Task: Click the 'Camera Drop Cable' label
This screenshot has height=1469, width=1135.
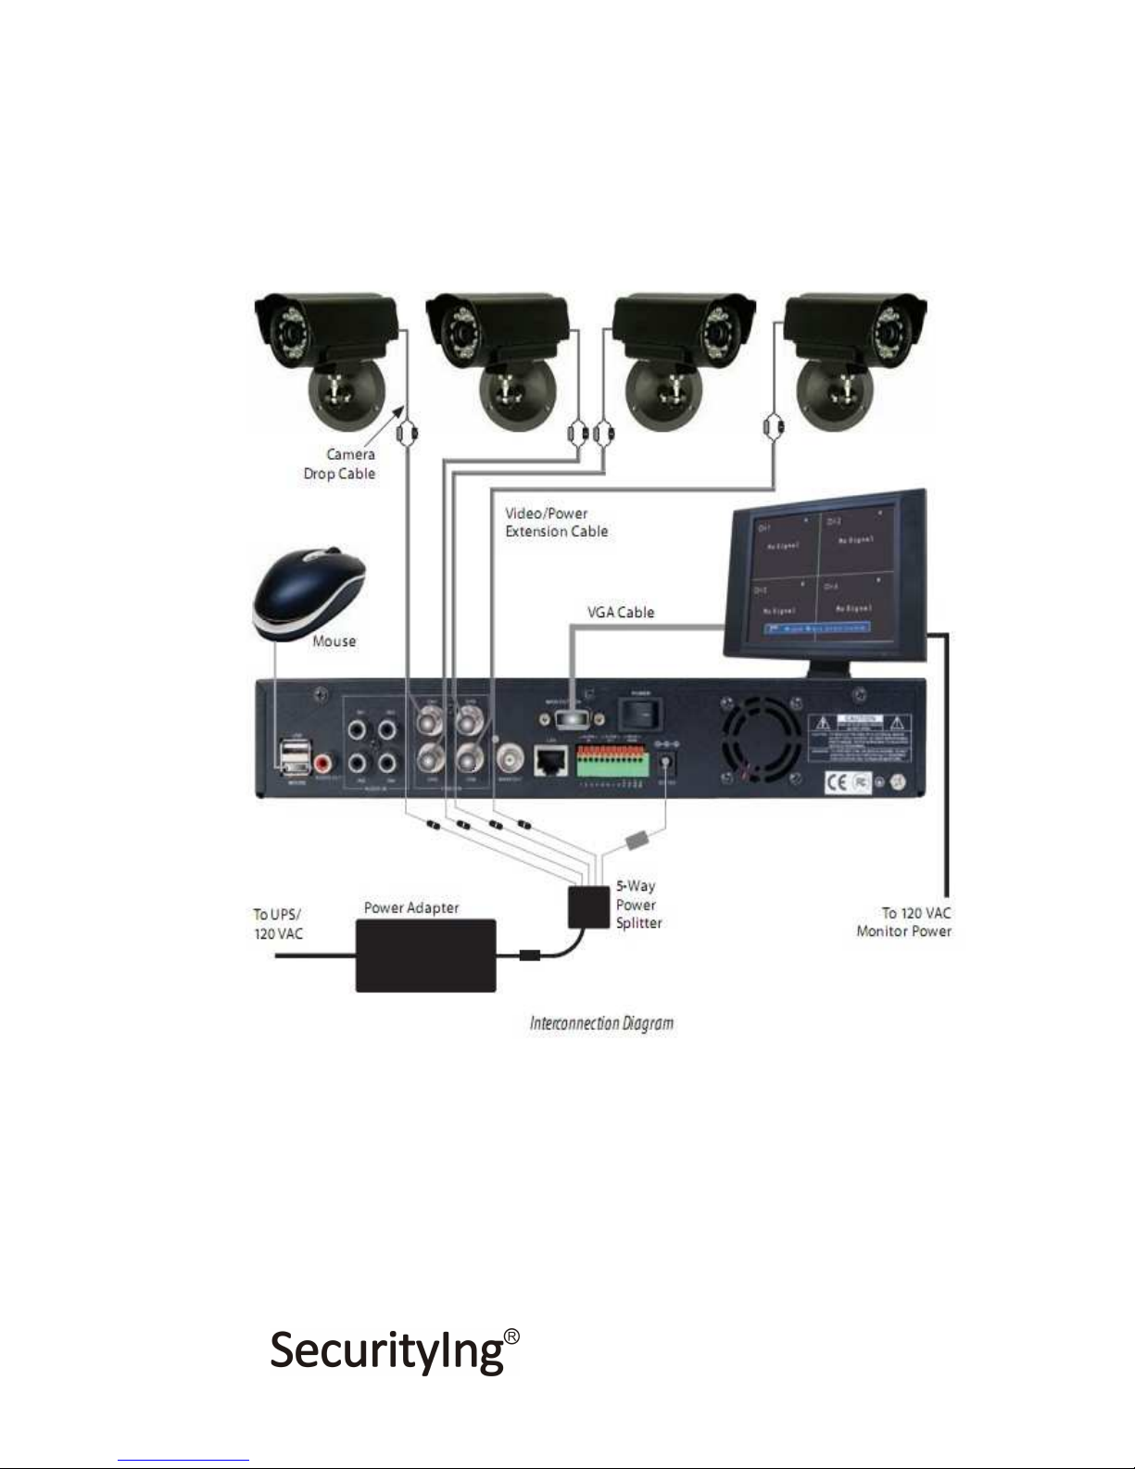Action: pos(340,463)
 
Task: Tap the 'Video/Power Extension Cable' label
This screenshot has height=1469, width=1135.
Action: pos(556,522)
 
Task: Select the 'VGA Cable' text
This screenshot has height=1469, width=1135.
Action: pos(621,612)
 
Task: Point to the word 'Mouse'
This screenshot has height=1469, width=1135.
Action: pos(334,640)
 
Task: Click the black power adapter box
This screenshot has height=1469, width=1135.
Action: pos(425,955)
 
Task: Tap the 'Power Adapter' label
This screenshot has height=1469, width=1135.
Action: pos(411,907)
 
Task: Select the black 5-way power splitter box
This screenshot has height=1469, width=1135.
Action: pos(587,905)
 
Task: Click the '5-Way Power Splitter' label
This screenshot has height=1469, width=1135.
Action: pos(638,905)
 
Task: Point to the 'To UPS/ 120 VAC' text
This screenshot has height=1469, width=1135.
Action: pos(278,923)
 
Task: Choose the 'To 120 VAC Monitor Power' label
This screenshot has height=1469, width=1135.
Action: pos(903,922)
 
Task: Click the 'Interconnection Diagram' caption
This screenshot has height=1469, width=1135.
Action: pos(601,1023)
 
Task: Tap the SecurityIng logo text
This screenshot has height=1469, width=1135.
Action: pos(386,1350)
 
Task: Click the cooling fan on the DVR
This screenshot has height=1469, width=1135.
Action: pos(762,742)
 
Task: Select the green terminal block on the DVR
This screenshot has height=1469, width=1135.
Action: pos(611,762)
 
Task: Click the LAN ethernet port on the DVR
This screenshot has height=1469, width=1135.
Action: pos(552,762)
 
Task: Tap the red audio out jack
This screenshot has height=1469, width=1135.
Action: pos(323,764)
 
